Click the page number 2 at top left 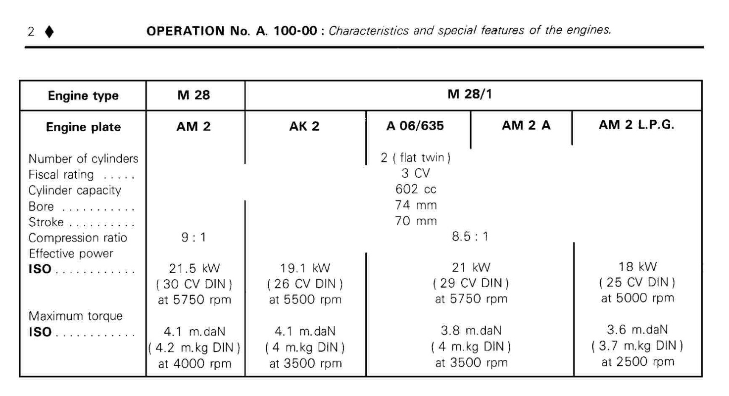coord(31,31)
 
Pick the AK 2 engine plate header coord(304,127)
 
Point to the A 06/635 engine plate coord(416,127)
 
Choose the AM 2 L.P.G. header coord(637,126)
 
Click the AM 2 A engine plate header coord(526,126)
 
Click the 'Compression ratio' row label coord(78,238)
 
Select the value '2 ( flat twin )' coord(416,159)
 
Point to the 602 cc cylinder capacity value coord(416,190)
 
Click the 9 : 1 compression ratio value coord(194,238)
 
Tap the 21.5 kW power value coord(194,269)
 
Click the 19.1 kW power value coord(305,269)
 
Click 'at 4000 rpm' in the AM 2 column coord(194,364)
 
